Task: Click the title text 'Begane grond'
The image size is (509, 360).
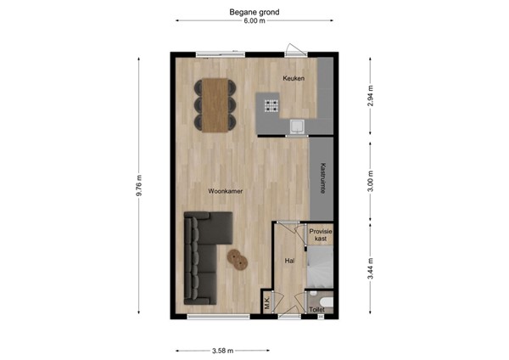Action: tap(255, 12)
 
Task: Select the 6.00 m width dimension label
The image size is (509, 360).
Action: tap(254, 21)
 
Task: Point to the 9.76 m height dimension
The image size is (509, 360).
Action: tap(139, 187)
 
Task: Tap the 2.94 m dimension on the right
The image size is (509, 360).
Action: tap(371, 96)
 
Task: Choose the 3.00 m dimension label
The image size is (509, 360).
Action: tap(371, 183)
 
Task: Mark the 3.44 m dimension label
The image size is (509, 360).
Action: tap(371, 268)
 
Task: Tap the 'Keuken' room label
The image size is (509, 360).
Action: tap(294, 78)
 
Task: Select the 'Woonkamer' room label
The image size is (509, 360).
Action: tap(227, 192)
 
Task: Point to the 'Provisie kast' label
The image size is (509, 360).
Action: tap(320, 235)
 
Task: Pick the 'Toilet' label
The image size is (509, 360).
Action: tap(317, 311)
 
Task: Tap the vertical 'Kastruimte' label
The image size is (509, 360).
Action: tap(323, 180)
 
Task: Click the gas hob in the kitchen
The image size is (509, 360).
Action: tap(272, 106)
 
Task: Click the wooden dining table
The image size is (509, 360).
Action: tap(216, 104)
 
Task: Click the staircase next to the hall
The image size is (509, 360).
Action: tap(320, 274)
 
